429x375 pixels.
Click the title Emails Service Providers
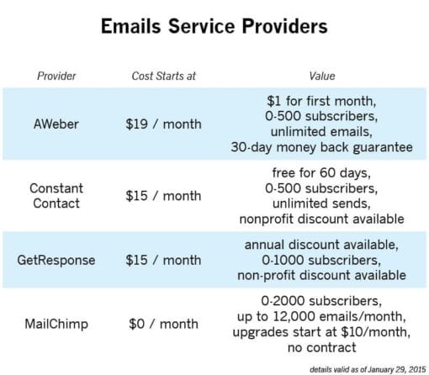pyautogui.click(x=214, y=26)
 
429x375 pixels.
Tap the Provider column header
pyautogui.click(x=56, y=76)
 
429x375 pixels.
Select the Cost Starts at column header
pyautogui.click(x=163, y=76)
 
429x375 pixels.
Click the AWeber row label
pyautogui.click(x=56, y=124)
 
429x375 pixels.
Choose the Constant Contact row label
pyautogui.click(x=56, y=195)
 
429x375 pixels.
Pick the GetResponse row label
pyautogui.click(x=56, y=259)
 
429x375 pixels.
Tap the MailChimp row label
pyautogui.click(x=56, y=323)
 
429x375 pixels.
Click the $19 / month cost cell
pyautogui.click(x=163, y=124)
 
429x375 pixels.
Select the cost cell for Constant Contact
pyautogui.click(x=163, y=195)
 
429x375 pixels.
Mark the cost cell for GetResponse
pyautogui.click(x=163, y=259)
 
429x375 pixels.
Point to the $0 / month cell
pyautogui.click(x=163, y=323)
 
